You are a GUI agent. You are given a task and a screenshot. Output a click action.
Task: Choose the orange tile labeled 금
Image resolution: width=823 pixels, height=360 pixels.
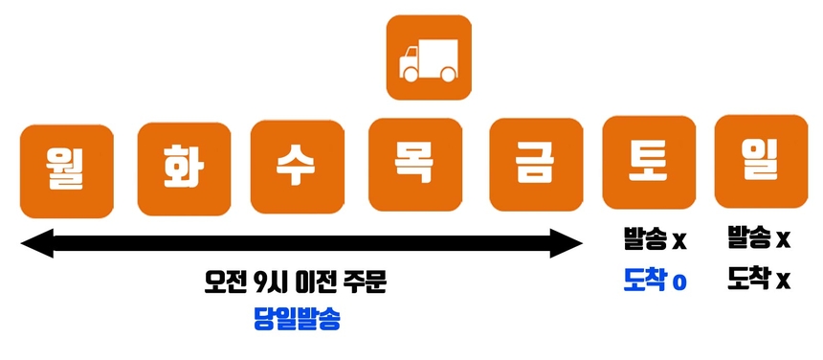pyautogui.click(x=536, y=164)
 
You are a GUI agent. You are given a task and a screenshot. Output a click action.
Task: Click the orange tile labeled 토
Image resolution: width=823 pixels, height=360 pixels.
pyautogui.click(x=648, y=161)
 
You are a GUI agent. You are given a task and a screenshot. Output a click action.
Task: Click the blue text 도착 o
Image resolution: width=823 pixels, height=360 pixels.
pyautogui.click(x=655, y=281)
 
